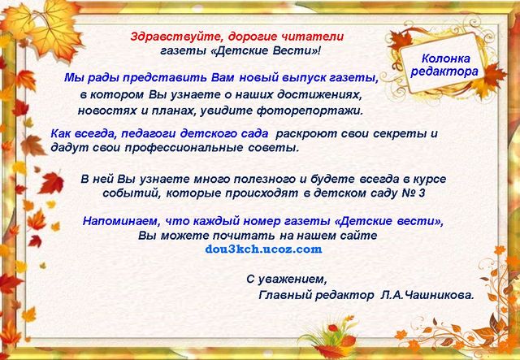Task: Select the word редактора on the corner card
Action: click(444, 72)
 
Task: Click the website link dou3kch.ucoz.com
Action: click(263, 249)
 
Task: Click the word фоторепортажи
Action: click(310, 111)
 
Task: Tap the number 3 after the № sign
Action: click(422, 193)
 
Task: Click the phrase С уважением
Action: click(287, 280)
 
